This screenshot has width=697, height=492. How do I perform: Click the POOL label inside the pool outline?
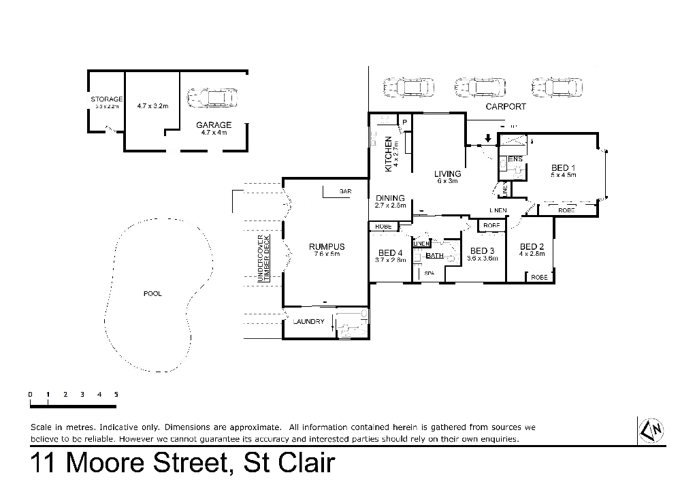coord(150,294)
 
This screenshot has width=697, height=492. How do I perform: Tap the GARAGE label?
coord(214,125)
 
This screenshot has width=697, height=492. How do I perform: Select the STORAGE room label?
coord(107,100)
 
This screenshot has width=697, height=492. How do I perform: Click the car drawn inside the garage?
coord(212,98)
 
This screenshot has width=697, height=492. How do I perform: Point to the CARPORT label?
coord(506,107)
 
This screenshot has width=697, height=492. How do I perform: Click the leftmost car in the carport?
coord(408,87)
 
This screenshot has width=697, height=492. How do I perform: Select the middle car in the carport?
coord(479,87)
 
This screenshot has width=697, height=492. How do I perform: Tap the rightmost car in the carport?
coord(557,87)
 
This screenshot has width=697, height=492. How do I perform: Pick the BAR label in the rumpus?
coord(344,191)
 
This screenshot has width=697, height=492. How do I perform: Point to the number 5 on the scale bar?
coord(117,395)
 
